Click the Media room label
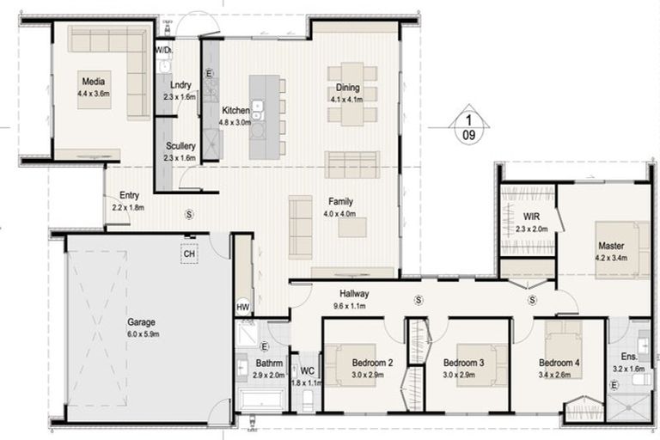93,82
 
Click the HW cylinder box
242,307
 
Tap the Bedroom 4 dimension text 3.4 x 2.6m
559,374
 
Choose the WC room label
307,370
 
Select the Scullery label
180,147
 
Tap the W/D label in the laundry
164,51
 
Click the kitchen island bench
266,116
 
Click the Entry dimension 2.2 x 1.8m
127,206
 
